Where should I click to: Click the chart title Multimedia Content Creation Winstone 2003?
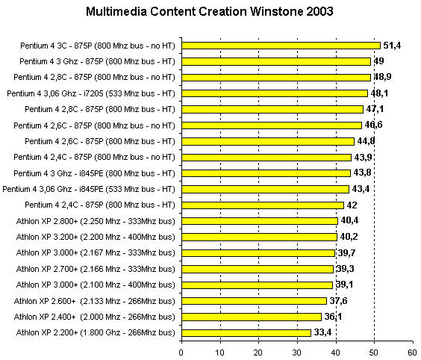pos(210,11)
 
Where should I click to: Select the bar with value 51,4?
pos(281,46)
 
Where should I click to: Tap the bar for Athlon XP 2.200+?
pos(246,333)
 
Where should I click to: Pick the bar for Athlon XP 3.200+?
pos(259,237)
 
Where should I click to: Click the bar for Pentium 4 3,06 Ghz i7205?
pos(275,93)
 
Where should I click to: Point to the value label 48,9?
pos(382,77)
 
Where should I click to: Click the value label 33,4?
pos(322,332)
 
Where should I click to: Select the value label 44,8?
pos(366,141)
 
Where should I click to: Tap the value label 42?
pos(352,205)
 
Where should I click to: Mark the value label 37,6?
pos(338,301)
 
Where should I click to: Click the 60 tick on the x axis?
pos(412,353)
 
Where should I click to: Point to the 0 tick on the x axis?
pos(181,353)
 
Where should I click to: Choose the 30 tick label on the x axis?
pos(296,353)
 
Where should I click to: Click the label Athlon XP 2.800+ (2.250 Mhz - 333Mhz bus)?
pos(96,221)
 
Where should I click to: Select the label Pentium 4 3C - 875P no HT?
pos(98,46)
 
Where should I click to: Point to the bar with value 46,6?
pos(272,125)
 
